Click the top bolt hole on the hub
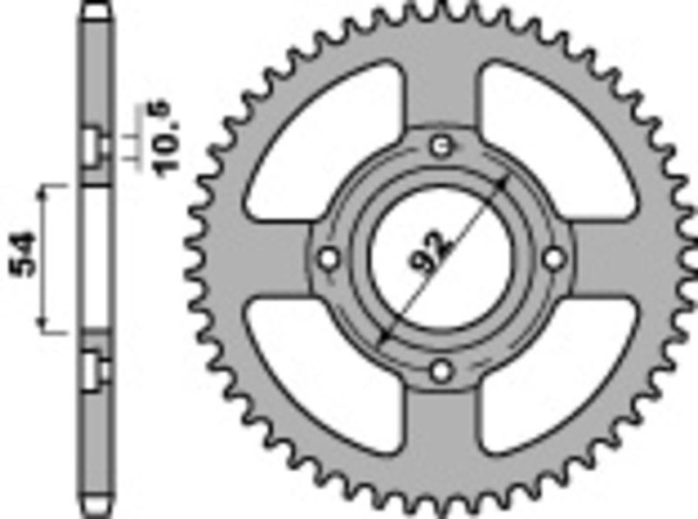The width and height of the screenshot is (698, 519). tap(442, 145)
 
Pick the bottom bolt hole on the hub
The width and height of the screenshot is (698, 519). tap(442, 371)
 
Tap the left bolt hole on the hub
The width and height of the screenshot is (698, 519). tap(329, 258)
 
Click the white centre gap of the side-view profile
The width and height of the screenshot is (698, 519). tap(97, 258)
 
